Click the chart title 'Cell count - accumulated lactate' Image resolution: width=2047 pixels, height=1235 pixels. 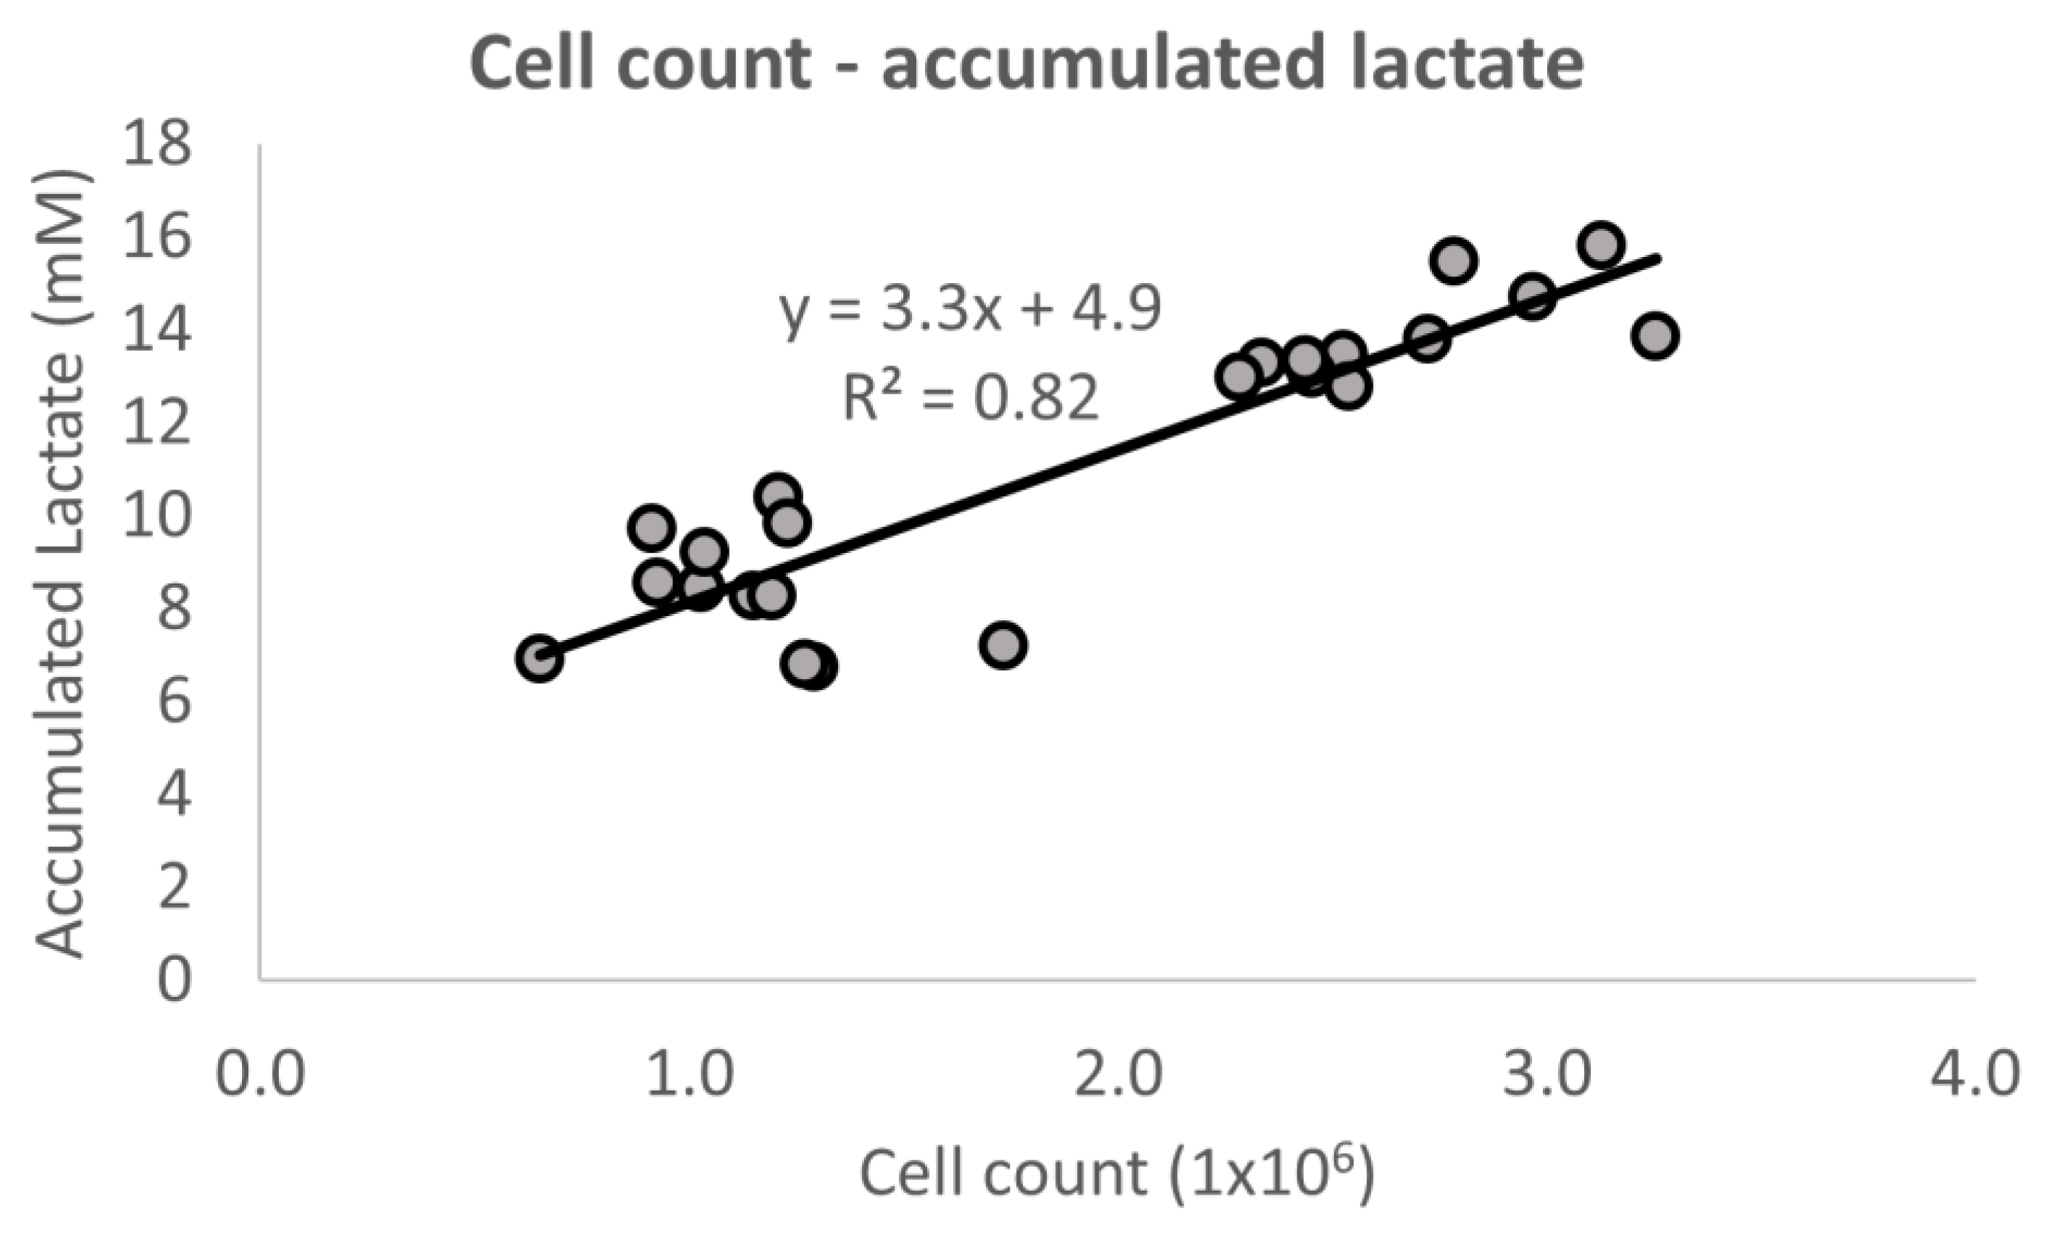tap(1027, 64)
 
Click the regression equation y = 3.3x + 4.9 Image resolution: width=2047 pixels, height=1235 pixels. tap(971, 309)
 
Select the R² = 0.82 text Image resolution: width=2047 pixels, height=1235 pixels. tap(971, 397)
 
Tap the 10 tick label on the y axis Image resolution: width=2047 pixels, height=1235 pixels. tap(156, 515)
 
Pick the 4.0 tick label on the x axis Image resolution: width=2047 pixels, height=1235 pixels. tap(1973, 1073)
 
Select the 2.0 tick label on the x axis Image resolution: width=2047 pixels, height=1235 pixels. tap(1118, 1073)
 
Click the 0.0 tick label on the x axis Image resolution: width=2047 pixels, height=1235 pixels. tap(260, 1073)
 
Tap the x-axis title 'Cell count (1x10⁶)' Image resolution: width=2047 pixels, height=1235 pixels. tap(1118, 1173)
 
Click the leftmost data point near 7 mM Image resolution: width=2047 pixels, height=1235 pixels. tap(539, 659)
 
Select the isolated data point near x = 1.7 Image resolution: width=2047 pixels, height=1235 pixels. tap(1002, 645)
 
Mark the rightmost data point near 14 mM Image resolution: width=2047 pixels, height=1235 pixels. tap(1655, 337)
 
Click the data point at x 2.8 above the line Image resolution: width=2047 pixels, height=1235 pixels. tap(1454, 261)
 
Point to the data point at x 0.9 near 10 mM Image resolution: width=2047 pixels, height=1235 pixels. tap(650, 528)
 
